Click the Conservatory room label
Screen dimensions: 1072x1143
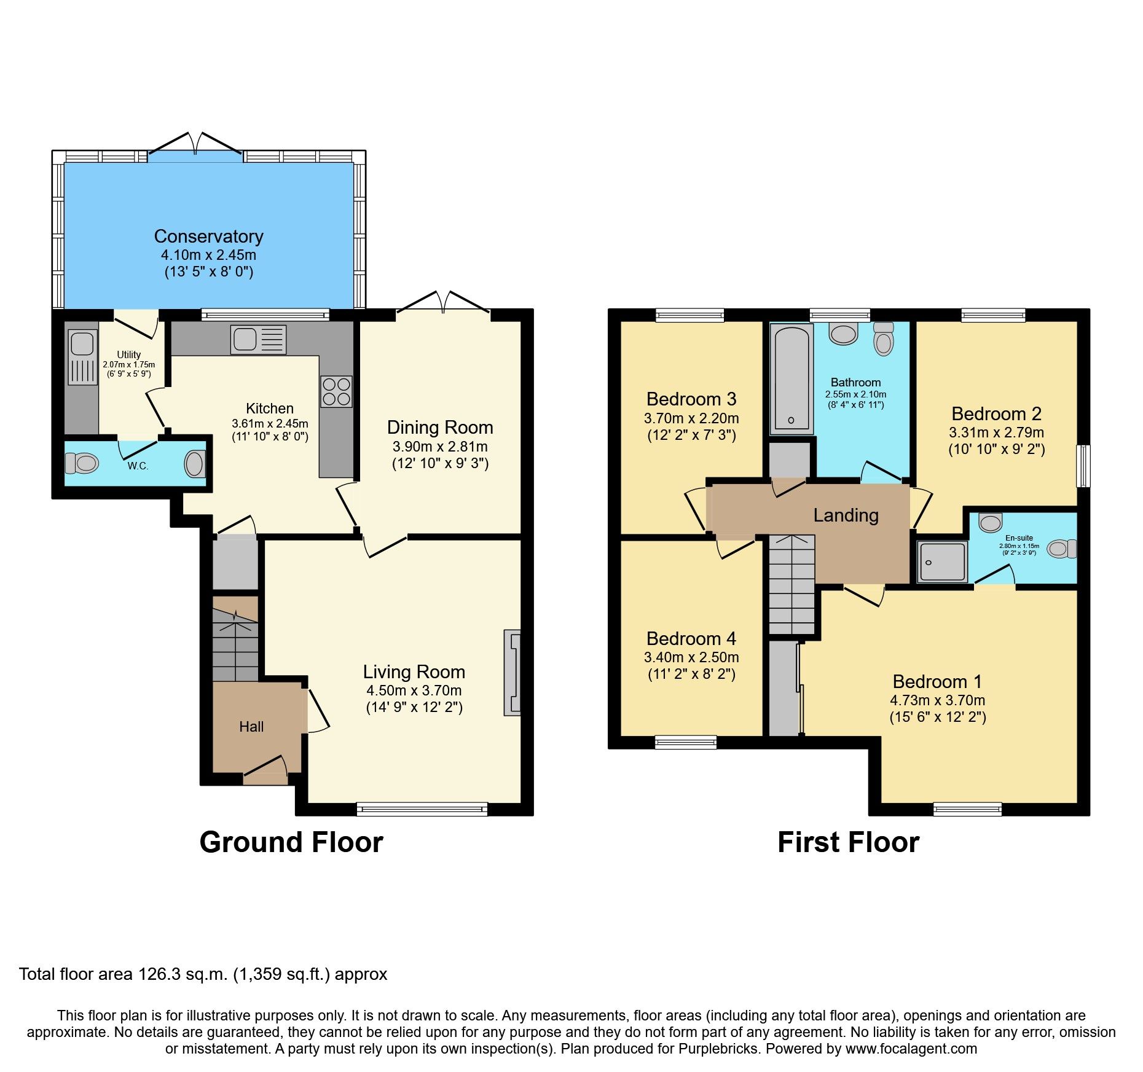point(208,237)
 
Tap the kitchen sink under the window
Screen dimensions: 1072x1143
point(258,339)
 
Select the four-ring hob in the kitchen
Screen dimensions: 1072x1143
point(336,391)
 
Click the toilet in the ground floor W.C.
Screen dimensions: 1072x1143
point(82,463)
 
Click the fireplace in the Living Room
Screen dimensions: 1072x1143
point(512,672)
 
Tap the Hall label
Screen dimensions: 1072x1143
point(251,727)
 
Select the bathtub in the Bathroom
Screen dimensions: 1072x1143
point(791,379)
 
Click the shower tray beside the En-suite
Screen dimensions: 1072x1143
point(942,561)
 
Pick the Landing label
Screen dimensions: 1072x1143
point(846,515)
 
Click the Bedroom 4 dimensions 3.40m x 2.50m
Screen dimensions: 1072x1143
point(691,657)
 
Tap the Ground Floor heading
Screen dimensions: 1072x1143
point(291,842)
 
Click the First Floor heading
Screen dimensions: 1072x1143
point(848,842)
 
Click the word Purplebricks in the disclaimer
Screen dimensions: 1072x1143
point(718,1049)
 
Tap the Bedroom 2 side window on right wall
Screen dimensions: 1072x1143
point(1085,466)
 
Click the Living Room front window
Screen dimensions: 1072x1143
point(422,809)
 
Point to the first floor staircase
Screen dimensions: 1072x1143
point(791,584)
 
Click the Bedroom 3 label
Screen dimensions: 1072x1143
point(691,399)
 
